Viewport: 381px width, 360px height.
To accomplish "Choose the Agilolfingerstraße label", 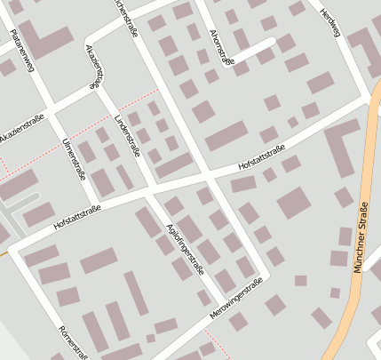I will click(187, 248).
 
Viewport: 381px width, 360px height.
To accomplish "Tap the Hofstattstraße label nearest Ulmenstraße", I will click(77, 217).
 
